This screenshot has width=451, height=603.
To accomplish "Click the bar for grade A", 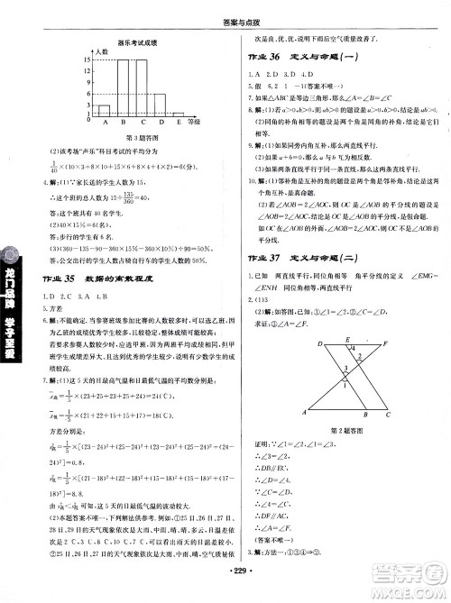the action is pyautogui.click(x=106, y=102).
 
